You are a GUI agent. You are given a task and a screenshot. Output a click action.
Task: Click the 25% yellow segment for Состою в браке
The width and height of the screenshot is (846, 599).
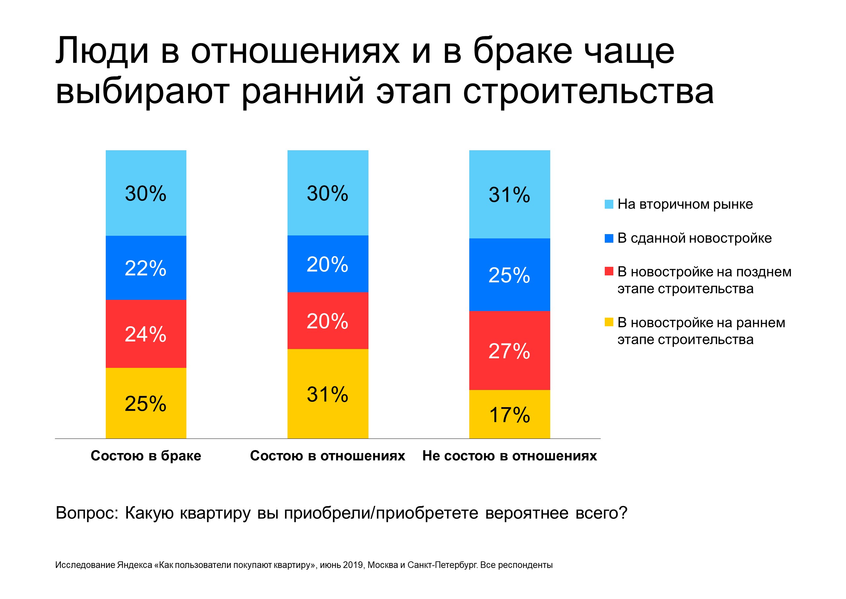[146, 403]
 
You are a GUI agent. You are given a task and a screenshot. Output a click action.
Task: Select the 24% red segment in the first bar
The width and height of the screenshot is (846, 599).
[146, 334]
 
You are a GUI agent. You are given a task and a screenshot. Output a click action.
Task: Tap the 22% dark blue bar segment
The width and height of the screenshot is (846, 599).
[146, 268]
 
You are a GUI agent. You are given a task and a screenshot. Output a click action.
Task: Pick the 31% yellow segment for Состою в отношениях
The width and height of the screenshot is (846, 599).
[328, 394]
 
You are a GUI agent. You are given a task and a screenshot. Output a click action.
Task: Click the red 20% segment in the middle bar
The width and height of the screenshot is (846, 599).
[328, 321]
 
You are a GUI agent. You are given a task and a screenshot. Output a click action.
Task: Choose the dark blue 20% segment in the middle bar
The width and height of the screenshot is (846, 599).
[328, 264]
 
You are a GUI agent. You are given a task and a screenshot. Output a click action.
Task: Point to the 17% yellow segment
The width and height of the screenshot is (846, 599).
[509, 414]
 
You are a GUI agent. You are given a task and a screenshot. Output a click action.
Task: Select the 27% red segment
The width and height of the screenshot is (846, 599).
[509, 350]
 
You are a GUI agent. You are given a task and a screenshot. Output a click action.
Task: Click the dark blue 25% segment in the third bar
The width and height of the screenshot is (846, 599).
[509, 275]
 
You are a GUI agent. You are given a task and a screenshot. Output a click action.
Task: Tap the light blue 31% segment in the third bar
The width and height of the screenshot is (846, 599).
[509, 194]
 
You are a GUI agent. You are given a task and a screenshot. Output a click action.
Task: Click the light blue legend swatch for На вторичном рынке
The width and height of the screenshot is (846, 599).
[609, 204]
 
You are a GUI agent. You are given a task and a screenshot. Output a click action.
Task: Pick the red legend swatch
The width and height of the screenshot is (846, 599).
[609, 271]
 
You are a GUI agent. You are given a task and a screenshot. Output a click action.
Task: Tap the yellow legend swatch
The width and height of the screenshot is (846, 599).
[609, 322]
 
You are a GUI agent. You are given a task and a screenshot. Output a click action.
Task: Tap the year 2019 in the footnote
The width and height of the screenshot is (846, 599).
[353, 565]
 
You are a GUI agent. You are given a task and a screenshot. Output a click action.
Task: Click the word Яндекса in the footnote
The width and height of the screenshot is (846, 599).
[135, 565]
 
